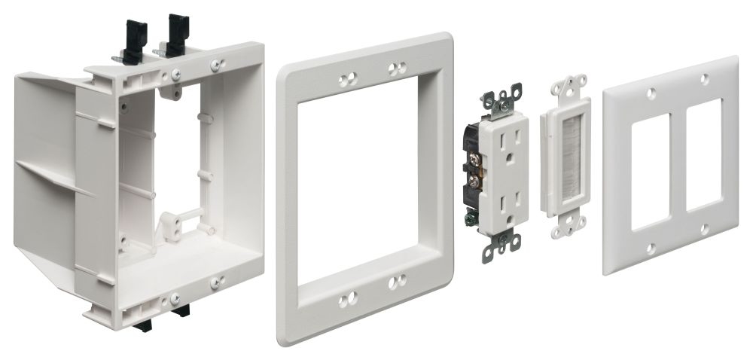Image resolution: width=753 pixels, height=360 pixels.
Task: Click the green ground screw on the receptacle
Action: (472, 219)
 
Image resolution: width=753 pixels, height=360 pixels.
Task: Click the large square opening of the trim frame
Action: (364, 189)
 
